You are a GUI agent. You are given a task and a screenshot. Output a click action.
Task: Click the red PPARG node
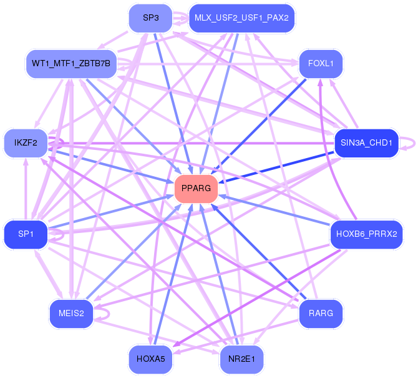pyautogui.click(x=196, y=189)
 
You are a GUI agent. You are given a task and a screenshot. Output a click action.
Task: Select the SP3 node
pyautogui.click(x=150, y=18)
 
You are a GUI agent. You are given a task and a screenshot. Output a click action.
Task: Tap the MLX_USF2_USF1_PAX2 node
pyautogui.click(x=241, y=18)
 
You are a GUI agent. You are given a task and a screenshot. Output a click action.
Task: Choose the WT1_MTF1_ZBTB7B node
pyautogui.click(x=71, y=64)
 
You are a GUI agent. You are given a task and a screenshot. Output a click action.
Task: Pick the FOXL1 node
pyautogui.click(x=321, y=64)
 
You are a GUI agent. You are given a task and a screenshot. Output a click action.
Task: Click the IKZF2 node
pyautogui.click(x=26, y=143)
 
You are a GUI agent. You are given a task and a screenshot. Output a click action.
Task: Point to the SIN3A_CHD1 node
pyautogui.click(x=366, y=143)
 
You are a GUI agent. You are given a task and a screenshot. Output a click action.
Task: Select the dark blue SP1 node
pyautogui.click(x=26, y=234)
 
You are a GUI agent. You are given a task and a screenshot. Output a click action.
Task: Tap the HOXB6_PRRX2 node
pyautogui.click(x=367, y=234)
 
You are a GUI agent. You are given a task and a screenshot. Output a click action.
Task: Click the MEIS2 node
pyautogui.click(x=71, y=314)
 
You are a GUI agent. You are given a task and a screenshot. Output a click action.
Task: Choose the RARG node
pyautogui.click(x=321, y=314)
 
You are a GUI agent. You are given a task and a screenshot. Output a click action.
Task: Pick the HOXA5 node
pyautogui.click(x=150, y=359)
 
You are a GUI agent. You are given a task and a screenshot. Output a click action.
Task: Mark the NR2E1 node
pyautogui.click(x=241, y=359)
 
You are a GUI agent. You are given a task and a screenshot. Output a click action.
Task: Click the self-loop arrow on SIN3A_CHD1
pyautogui.click(x=414, y=143)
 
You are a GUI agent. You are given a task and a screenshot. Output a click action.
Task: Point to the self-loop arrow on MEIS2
pyautogui.click(x=109, y=314)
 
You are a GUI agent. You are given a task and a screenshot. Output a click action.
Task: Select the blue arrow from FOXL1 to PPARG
pyautogui.click(x=260, y=125)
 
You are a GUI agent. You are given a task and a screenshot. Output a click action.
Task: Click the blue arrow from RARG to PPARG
pyautogui.click(x=258, y=252)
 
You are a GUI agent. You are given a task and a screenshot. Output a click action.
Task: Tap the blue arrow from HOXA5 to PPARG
pyautogui.click(x=173, y=274)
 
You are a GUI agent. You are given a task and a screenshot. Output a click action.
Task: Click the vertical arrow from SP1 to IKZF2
pyautogui.click(x=26, y=189)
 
